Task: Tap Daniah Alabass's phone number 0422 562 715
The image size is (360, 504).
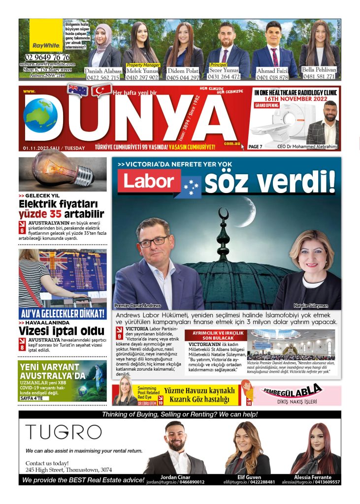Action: coord(102,77)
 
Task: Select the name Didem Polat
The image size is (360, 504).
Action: coord(183,70)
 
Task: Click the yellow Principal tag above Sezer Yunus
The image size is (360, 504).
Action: coord(218,64)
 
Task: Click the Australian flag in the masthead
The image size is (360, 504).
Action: coord(77,90)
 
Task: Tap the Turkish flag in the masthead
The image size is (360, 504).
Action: coord(101,91)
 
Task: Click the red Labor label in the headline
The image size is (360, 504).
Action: coord(149,181)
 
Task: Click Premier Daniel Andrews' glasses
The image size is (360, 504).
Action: coord(153,242)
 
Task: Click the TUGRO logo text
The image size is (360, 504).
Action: coord(63,432)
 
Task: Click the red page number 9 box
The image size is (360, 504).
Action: coord(120,336)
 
